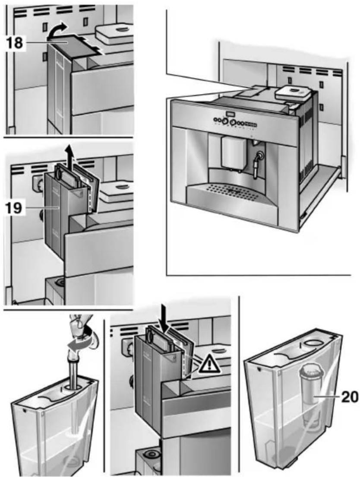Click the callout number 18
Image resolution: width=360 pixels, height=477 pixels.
pos(15,44)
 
